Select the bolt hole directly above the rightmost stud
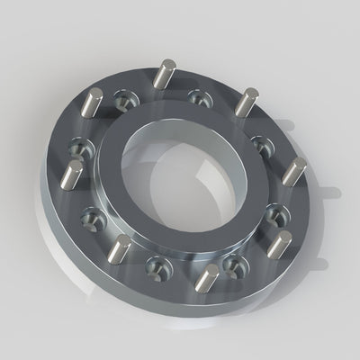(x=260, y=143)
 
